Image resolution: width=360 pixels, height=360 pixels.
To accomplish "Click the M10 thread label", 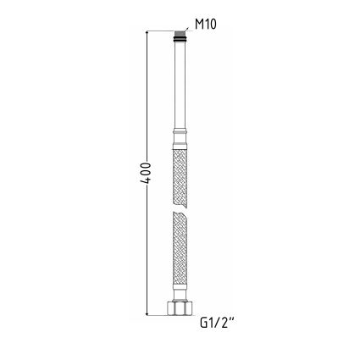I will [206, 25].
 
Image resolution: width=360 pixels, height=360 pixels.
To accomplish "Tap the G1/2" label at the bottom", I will [217, 323].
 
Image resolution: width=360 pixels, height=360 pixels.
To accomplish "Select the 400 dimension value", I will [147, 174].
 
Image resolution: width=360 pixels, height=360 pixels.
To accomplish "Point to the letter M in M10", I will [199, 25].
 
